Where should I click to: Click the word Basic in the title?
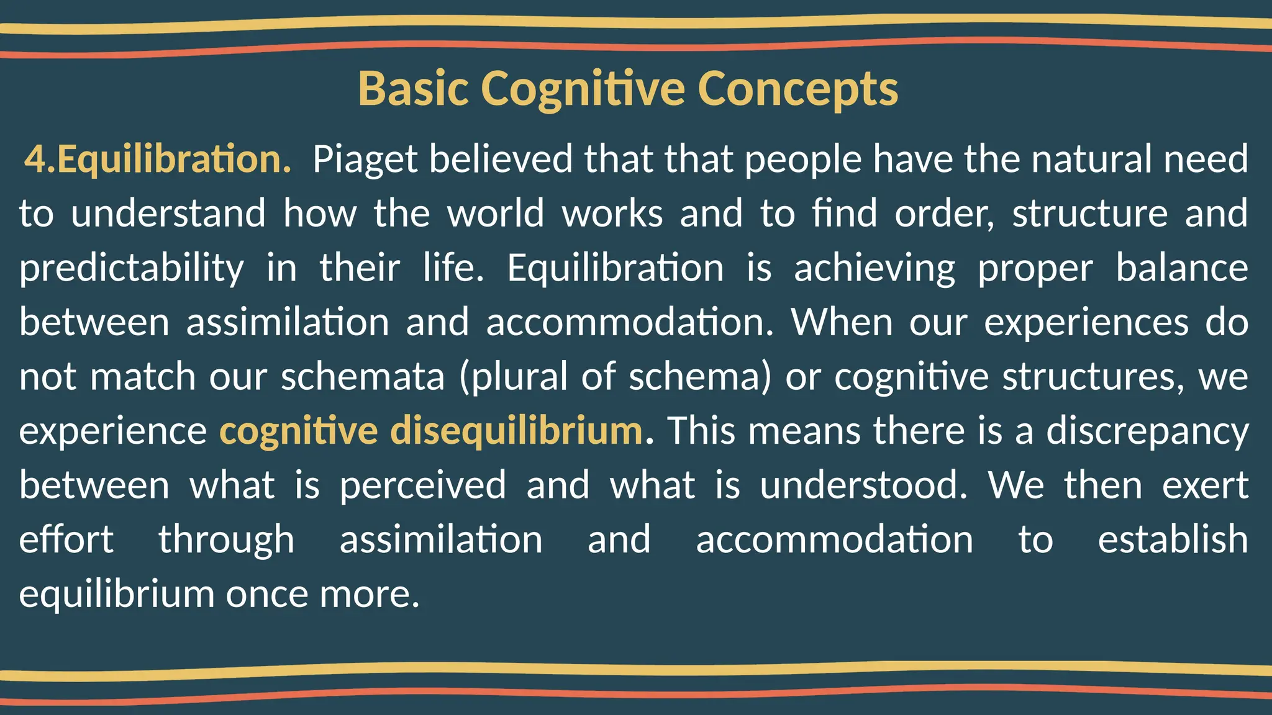tap(413, 89)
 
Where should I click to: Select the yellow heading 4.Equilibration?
tap(158, 159)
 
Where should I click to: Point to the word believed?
tap(500, 159)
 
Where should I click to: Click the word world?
tap(496, 214)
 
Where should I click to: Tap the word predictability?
tap(132, 268)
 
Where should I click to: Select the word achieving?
tap(874, 268)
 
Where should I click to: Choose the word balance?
tap(1181, 268)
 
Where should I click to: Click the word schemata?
tap(363, 377)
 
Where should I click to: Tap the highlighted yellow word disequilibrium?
tap(516, 431)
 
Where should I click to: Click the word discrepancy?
tap(1147, 431)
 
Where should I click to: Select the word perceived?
tap(422, 485)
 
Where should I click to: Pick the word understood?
tap(863, 485)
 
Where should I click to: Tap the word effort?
tap(66, 539)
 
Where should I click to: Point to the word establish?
tap(1173, 539)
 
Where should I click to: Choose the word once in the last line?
tap(266, 594)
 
